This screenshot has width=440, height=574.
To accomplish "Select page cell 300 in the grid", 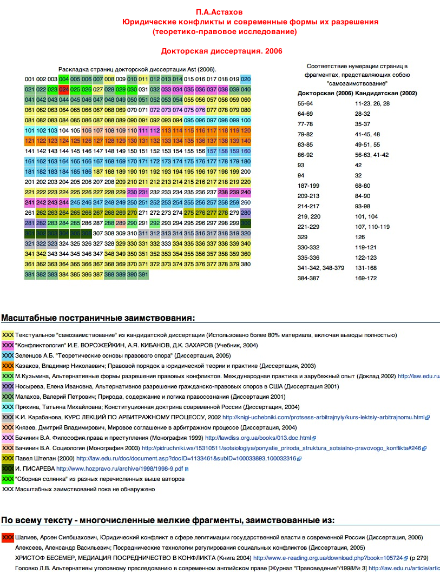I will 246,222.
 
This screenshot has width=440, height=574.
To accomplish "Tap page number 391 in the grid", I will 143,274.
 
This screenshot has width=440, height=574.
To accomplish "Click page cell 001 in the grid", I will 29,79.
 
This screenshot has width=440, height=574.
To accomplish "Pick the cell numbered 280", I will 246,213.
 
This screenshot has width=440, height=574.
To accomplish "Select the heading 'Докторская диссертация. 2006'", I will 221,51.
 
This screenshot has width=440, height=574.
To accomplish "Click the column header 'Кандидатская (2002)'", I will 386,93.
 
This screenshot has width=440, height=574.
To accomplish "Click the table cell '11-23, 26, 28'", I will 372,103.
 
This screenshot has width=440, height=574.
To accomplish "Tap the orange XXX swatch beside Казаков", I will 8,366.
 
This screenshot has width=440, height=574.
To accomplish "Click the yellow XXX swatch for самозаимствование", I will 8,335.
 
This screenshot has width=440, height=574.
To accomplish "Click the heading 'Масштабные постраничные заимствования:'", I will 98,318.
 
